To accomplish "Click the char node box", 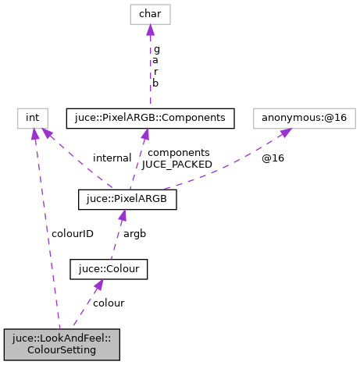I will point(149,13).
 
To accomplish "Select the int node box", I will point(32,118).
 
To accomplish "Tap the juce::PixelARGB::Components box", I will point(151,118).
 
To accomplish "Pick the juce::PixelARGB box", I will point(128,200).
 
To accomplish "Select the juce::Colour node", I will point(109,269).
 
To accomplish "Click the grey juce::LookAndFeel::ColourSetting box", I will point(62,343).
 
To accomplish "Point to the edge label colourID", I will point(73,233).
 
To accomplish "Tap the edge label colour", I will point(109,303).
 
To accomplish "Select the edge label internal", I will point(112,158).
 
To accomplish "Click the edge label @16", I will point(272,158).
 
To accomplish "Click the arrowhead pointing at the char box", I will point(150,30).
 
